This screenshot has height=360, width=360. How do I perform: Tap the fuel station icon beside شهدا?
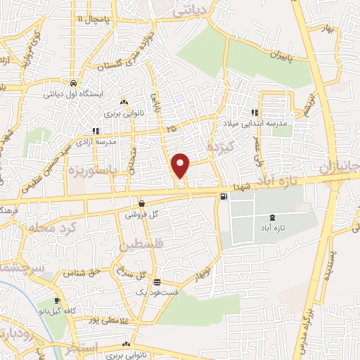[x=224, y=198]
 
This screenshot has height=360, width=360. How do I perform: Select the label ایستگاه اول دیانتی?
[x=74, y=93]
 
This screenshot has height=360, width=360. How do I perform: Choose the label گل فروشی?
[x=142, y=214]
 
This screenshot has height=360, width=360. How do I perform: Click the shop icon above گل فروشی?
[x=142, y=202]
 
